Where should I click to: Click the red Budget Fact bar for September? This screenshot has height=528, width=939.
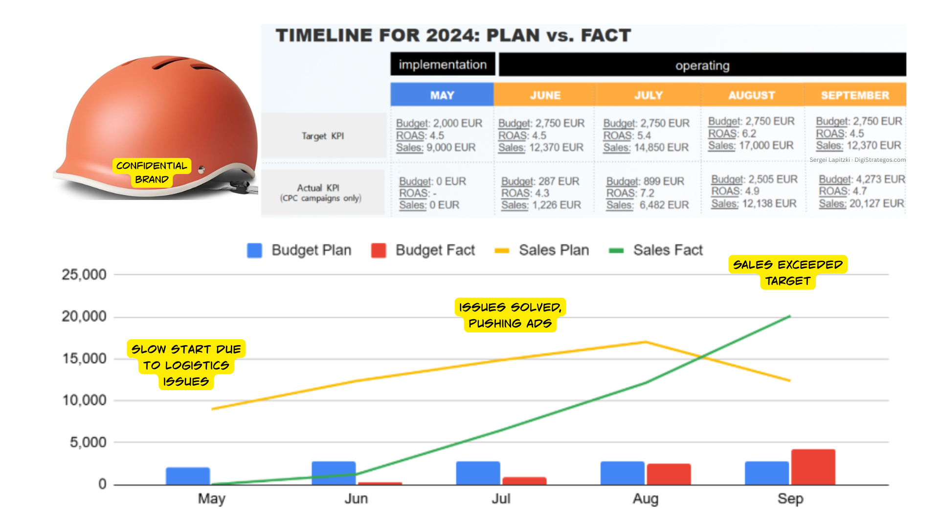click(x=813, y=467)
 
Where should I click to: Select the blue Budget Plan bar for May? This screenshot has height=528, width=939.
click(x=188, y=476)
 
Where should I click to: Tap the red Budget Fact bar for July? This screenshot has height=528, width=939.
click(x=524, y=481)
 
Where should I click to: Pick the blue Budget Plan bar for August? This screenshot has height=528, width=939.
click(x=623, y=473)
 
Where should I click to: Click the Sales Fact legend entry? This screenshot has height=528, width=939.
click(x=655, y=250)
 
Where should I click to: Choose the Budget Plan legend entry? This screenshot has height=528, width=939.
click(x=299, y=250)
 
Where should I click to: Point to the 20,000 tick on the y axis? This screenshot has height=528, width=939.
click(x=84, y=317)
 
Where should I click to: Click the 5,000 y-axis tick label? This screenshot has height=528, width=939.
click(x=88, y=442)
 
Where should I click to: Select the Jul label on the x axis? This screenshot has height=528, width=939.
click(x=501, y=499)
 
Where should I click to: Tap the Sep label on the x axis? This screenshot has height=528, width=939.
click(x=790, y=499)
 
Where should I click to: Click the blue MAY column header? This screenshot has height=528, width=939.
click(x=442, y=95)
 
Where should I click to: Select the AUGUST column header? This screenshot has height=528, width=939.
click(x=752, y=95)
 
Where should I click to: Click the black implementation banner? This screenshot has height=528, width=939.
click(x=443, y=65)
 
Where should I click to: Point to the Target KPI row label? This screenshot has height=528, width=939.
click(x=323, y=136)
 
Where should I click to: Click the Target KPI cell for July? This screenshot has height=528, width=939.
click(x=646, y=135)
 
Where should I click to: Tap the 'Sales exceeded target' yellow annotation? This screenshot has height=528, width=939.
click(x=788, y=272)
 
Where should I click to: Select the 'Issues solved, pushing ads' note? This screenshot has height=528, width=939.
click(x=510, y=315)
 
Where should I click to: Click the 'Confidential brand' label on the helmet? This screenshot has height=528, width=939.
click(x=152, y=173)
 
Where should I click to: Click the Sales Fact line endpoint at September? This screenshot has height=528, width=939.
click(x=790, y=316)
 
